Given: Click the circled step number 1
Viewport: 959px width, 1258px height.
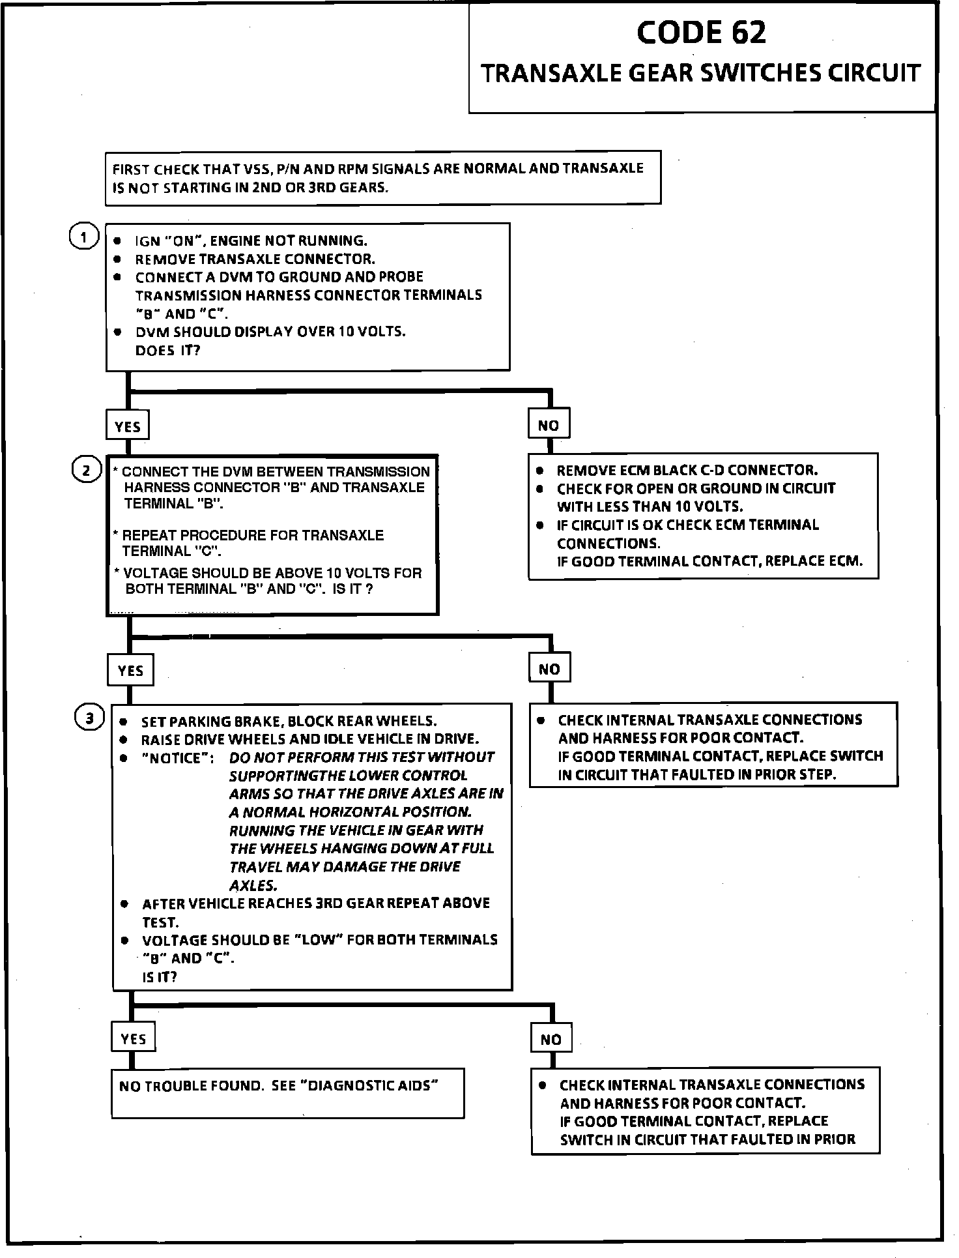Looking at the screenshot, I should pos(83,237).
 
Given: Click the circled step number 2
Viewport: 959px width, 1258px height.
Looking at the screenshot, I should pos(86,470).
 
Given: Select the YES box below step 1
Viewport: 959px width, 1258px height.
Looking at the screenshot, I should pos(128,426).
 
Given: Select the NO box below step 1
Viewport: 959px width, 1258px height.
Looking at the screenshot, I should pos(549,425).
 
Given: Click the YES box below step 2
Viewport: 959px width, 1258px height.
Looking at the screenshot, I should pos(130,670).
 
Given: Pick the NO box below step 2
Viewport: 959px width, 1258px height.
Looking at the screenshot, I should pos(549,669).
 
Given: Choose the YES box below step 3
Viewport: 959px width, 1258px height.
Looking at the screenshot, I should pos(134,1039).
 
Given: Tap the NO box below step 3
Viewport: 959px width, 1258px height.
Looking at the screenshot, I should pos(551,1040).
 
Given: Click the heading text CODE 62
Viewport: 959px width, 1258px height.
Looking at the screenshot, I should pos(701,33).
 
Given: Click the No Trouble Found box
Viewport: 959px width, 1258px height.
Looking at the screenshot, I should pos(287,1093).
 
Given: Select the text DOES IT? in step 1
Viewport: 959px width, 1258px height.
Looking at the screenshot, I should pos(167,351).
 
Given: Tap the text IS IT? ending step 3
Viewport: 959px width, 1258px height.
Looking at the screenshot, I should pos(159,976).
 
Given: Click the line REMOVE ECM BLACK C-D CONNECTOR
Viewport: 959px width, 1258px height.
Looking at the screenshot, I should pos(687,470).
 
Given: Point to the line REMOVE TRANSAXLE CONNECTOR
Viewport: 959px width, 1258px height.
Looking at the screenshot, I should pos(255,259).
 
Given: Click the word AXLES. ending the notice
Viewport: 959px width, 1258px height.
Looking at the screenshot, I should pos(253,885).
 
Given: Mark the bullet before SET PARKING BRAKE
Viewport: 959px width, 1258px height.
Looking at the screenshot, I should pos(123,722).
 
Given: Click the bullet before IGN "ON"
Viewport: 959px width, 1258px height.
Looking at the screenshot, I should pos(117,241).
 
